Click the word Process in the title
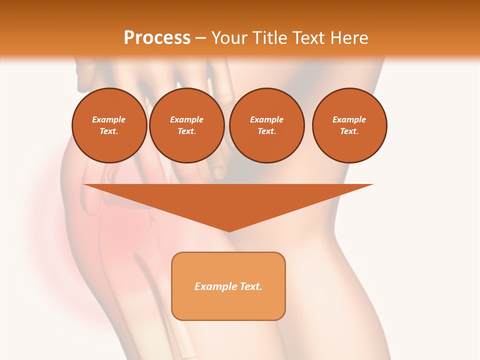(157, 38)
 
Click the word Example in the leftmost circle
(109, 119)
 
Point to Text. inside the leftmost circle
(109, 131)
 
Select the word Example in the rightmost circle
(349, 119)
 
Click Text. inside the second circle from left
(187, 131)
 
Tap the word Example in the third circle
(267, 119)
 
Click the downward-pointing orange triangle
(228, 200)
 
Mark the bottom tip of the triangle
(228, 230)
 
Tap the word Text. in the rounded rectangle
(250, 286)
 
